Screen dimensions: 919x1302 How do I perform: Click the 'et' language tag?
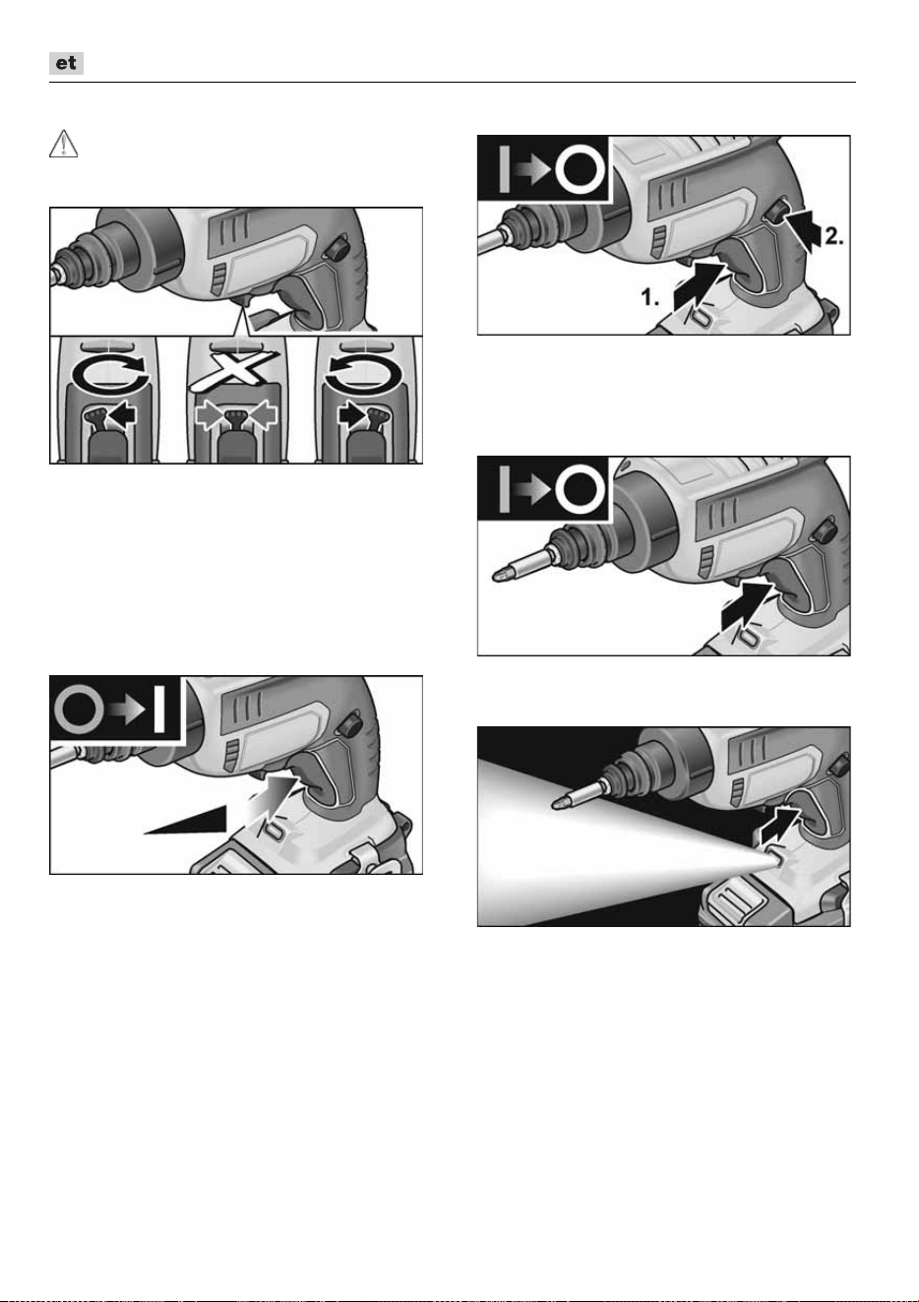pos(66,63)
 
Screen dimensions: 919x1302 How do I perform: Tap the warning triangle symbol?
pos(63,144)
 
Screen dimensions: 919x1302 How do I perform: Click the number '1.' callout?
pos(649,297)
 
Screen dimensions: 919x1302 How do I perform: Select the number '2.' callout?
pos(834,236)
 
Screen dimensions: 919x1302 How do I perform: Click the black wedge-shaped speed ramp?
pos(185,820)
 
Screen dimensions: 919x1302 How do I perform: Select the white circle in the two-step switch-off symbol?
pos(582,169)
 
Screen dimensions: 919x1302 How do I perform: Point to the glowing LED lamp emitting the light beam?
pos(772,854)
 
